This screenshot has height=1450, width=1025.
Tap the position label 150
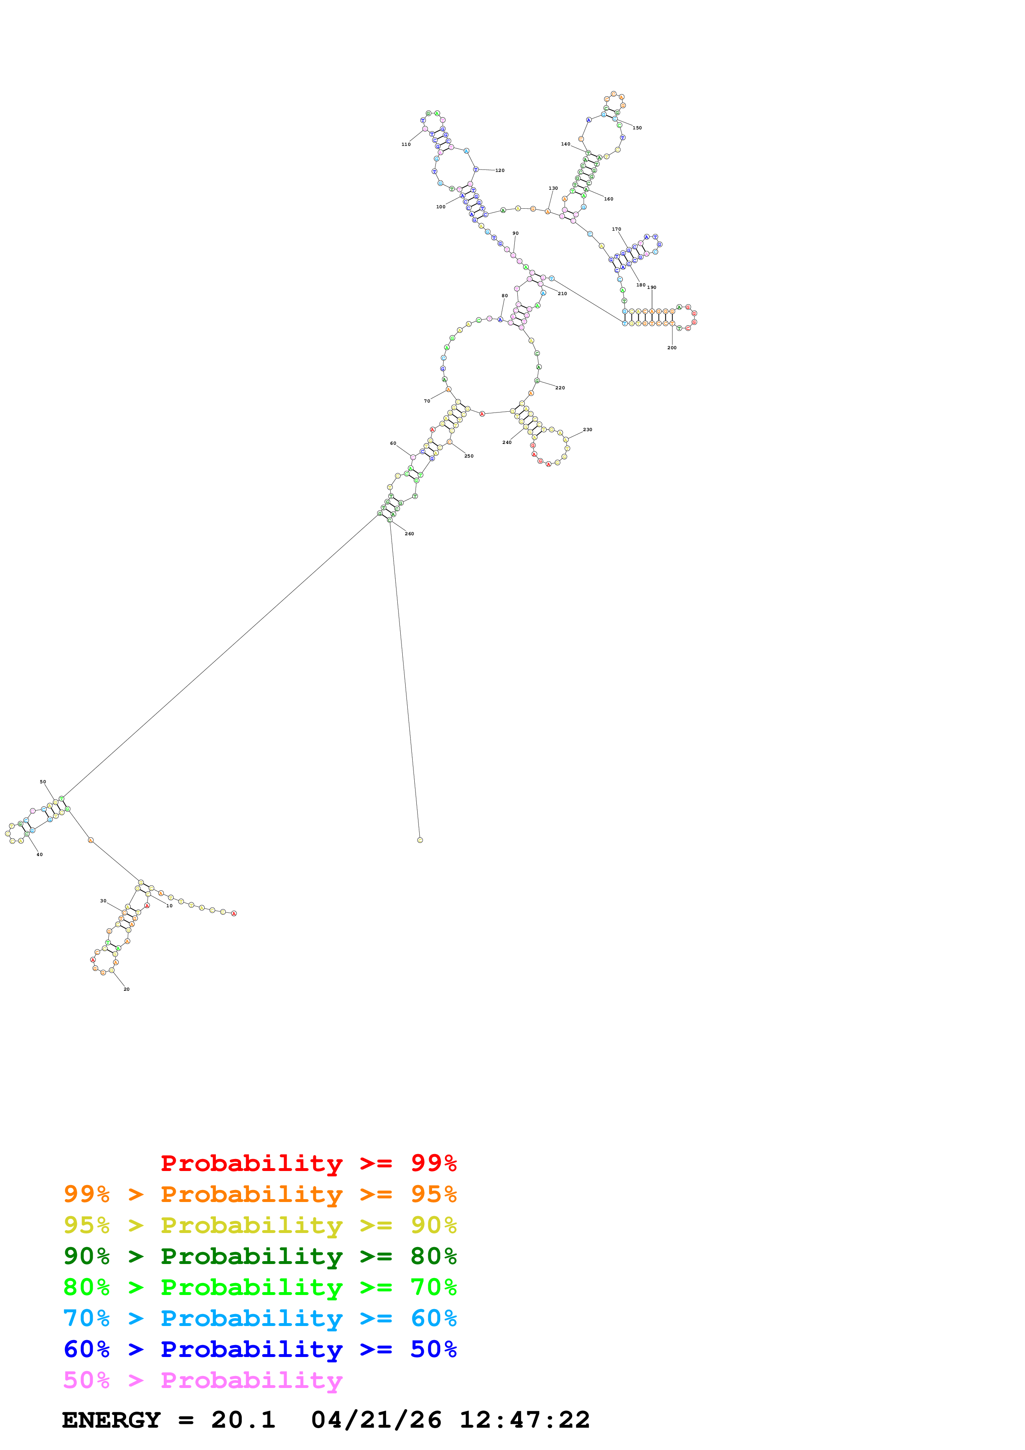click(637, 128)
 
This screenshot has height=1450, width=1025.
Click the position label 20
click(126, 990)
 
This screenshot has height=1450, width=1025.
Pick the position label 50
click(43, 782)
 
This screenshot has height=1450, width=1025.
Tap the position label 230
click(587, 430)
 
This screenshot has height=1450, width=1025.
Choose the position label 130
click(553, 188)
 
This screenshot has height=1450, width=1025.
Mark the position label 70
click(427, 401)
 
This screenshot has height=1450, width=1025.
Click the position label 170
click(616, 229)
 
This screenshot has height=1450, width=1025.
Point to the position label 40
click(39, 854)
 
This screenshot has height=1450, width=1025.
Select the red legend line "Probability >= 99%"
click(308, 1163)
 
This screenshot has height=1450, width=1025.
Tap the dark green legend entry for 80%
click(260, 1256)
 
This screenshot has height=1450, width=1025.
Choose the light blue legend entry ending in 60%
click(260, 1318)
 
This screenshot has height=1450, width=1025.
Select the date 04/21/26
click(376, 1420)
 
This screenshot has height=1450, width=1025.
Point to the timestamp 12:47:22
click(524, 1420)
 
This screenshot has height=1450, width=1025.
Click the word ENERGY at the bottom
click(111, 1420)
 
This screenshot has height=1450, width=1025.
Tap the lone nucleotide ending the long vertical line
click(420, 840)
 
